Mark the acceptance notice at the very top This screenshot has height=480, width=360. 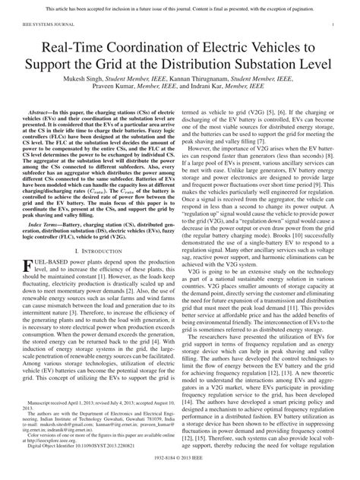[x=180, y=7]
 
